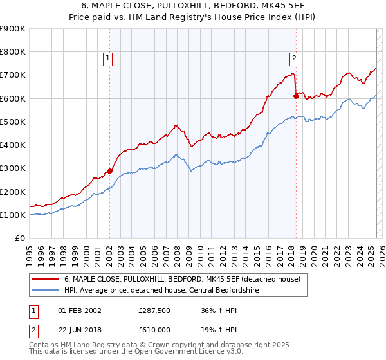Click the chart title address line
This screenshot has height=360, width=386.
(192, 6)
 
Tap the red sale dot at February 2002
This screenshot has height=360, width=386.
(109, 171)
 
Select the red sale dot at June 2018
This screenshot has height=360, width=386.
(296, 96)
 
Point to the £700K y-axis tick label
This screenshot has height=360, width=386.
(13, 75)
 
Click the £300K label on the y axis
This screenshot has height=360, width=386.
(13, 168)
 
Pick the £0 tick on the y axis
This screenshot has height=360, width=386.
(20, 239)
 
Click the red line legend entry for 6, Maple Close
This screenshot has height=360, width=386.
(187, 279)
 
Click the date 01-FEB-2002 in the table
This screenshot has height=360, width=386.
(79, 310)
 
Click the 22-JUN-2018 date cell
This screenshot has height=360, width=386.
(79, 330)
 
